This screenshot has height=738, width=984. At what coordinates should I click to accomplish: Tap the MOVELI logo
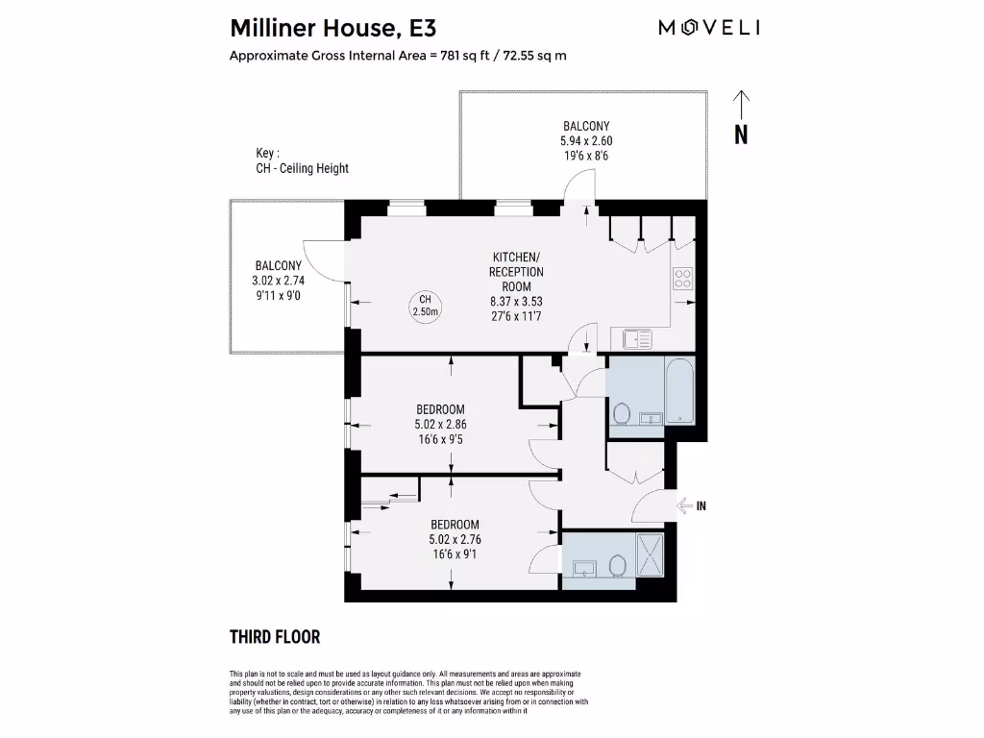[709, 28]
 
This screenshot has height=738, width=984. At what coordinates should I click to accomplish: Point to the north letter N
[741, 135]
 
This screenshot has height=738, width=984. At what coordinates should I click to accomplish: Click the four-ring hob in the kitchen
[683, 279]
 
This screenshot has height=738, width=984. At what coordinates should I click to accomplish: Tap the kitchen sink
[637, 338]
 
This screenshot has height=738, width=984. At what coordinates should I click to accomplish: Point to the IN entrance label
[701, 506]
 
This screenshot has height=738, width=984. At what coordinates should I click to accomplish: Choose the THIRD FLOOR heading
[275, 636]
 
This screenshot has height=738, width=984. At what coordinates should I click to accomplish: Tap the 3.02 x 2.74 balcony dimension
[279, 281]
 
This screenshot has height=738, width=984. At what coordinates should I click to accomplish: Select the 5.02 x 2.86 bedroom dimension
[441, 424]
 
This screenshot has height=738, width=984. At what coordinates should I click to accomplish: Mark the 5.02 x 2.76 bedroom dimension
[455, 539]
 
